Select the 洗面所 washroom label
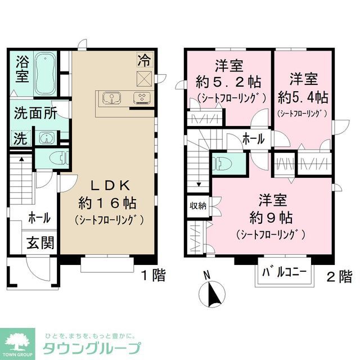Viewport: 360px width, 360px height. pyautogui.click(x=35, y=113)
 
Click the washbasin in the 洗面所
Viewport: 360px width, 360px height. pyautogui.click(x=44, y=137)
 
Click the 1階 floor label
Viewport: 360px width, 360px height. pyautogui.click(x=152, y=276)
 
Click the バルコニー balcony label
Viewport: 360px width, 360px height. pyautogui.click(x=285, y=273)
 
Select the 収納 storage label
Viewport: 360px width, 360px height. pyautogui.click(x=197, y=205)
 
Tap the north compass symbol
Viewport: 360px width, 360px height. pyautogui.click(x=213, y=293)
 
